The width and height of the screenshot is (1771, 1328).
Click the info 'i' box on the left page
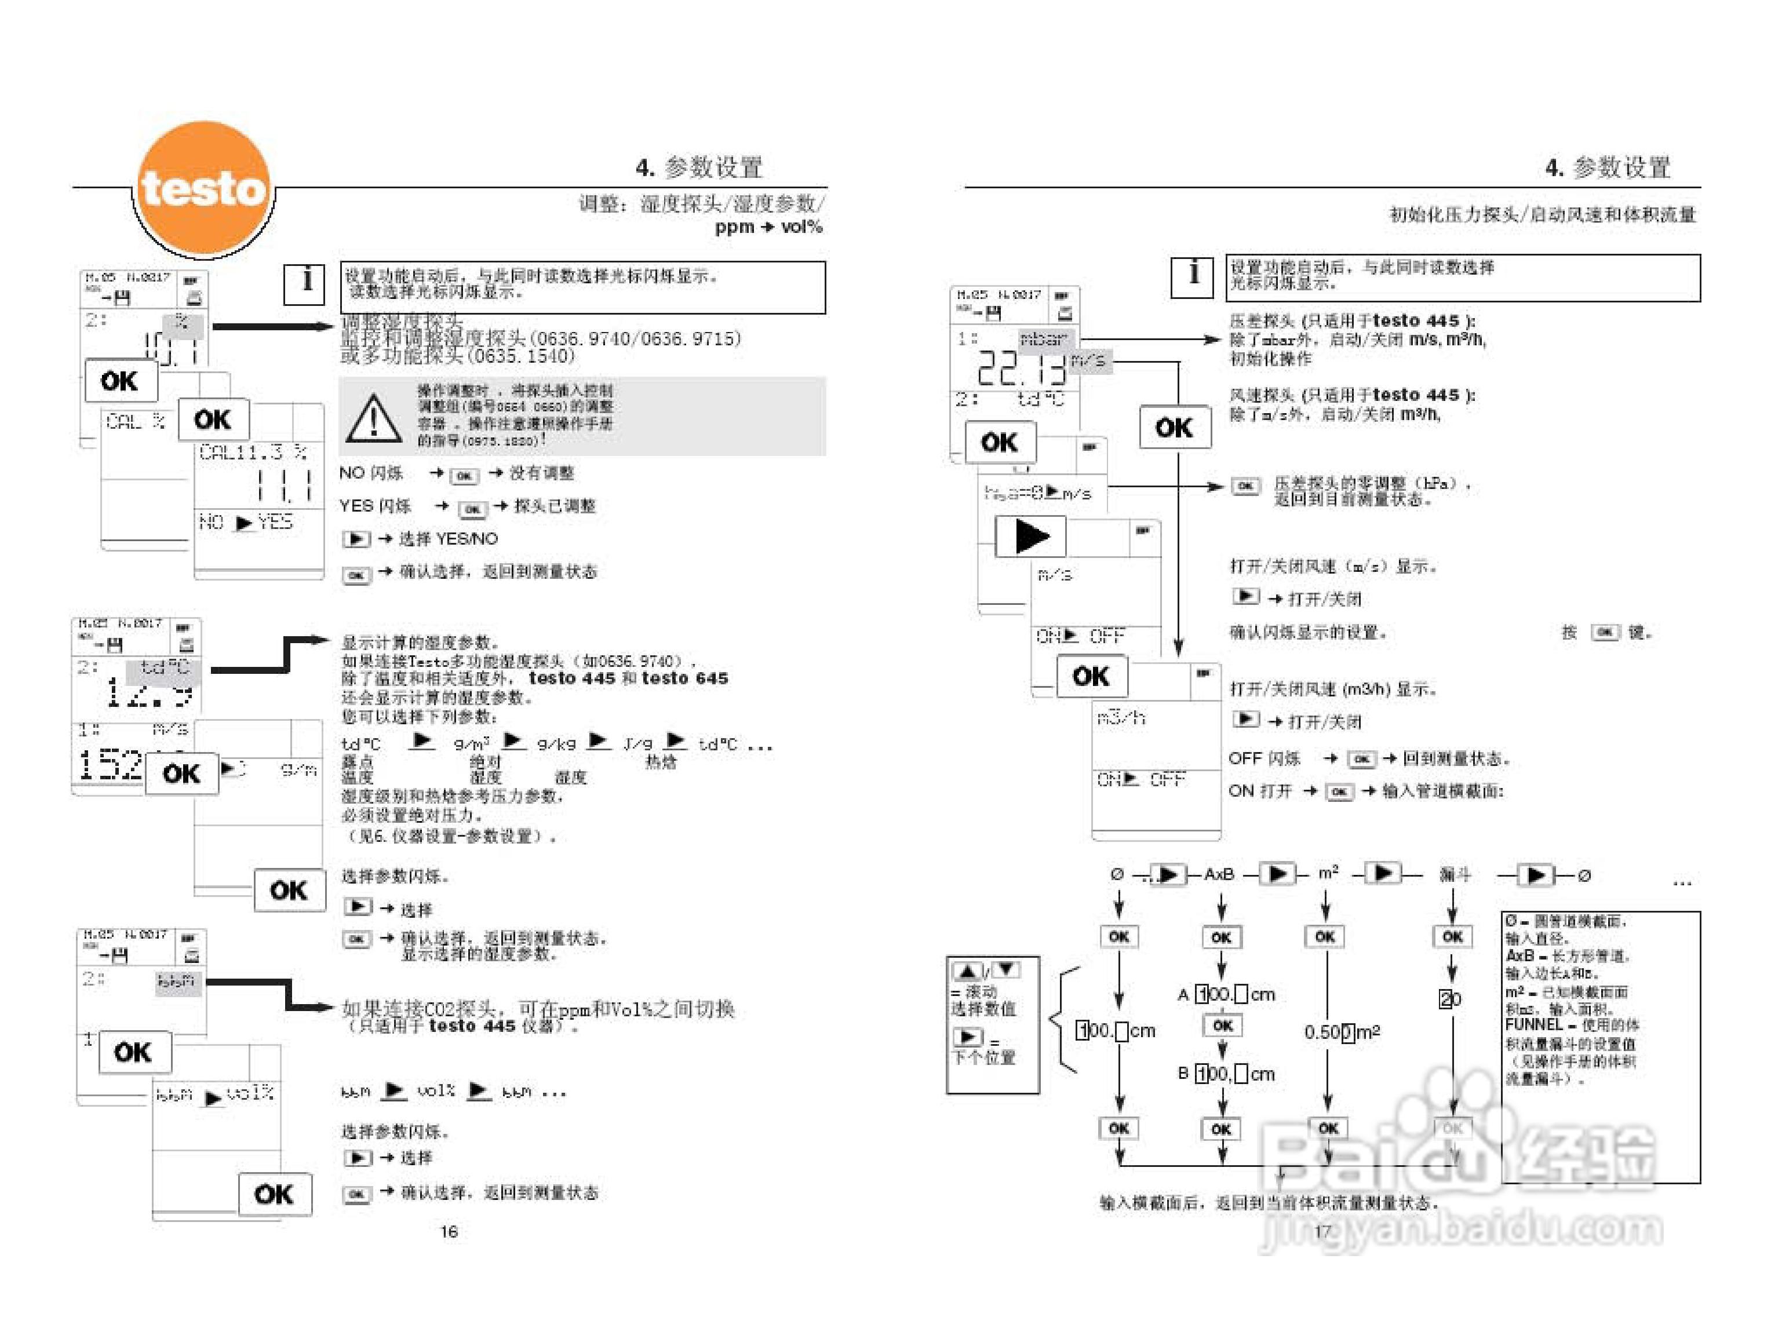click(305, 283)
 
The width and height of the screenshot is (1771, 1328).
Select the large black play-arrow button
click(1031, 537)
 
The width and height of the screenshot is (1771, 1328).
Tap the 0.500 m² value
click(1341, 1032)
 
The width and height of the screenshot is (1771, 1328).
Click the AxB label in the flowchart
click(1219, 874)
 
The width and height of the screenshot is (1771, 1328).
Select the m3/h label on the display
click(1121, 718)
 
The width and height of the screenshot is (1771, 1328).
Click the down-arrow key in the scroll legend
click(1005, 970)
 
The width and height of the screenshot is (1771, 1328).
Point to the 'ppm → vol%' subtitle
click(768, 227)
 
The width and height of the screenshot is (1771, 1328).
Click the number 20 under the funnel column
click(1451, 998)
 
